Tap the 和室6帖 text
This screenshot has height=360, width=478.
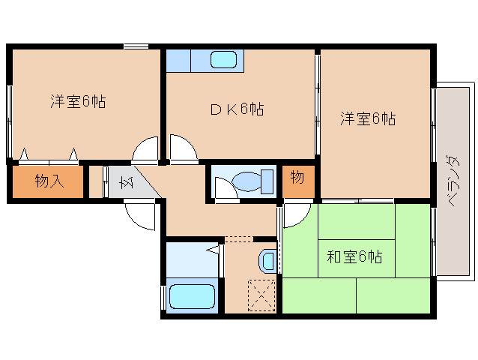[x=354, y=257]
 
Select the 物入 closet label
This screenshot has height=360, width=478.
[x=47, y=181]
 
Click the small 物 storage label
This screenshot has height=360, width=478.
[x=297, y=178]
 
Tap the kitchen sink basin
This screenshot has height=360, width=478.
[x=223, y=59]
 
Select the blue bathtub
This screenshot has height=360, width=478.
[x=193, y=296]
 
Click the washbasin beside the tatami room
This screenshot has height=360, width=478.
[x=268, y=260]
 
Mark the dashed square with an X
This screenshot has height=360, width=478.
[x=262, y=293]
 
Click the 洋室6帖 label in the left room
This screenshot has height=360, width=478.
[x=78, y=101]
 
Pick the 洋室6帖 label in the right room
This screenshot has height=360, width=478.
[x=368, y=118]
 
